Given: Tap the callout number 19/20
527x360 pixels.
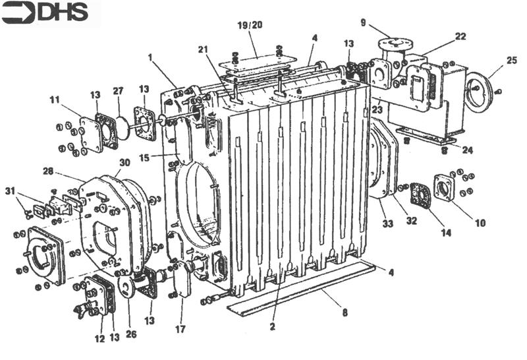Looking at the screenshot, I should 250,25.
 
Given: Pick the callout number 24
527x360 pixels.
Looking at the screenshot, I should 467,150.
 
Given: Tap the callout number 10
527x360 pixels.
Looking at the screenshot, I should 480,224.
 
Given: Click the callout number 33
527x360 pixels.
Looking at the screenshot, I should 387,225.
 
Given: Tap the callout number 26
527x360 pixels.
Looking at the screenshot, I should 131,334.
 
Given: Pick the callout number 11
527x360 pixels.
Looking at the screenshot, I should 54,100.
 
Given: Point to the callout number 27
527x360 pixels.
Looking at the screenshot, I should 118,92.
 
